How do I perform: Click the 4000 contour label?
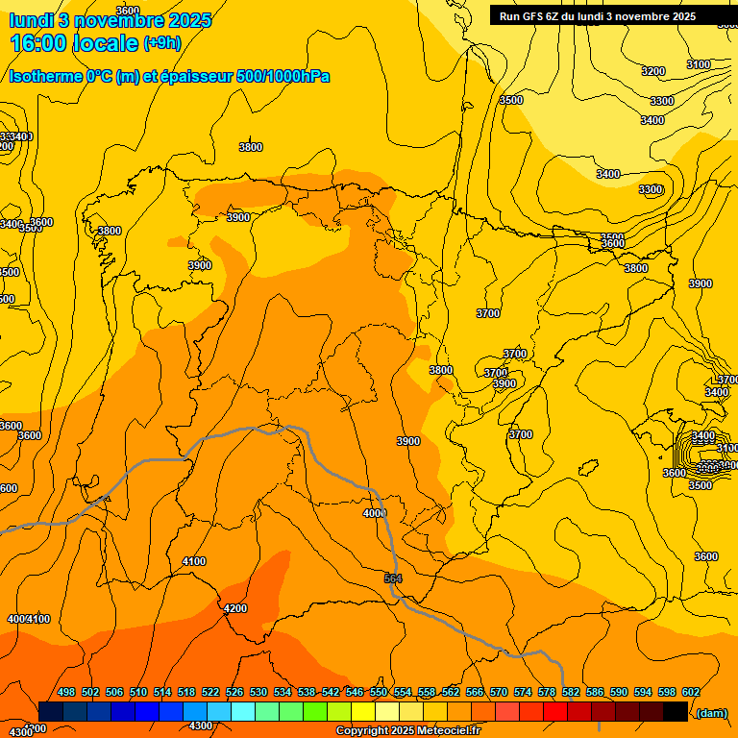pyautogui.click(x=375, y=513)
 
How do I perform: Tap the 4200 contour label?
pyautogui.click(x=234, y=608)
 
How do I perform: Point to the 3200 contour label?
pyautogui.click(x=653, y=71)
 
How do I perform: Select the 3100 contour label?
pyautogui.click(x=699, y=64)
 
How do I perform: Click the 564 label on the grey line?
pyautogui.click(x=393, y=578)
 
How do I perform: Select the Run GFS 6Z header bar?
pyautogui.click(x=598, y=16)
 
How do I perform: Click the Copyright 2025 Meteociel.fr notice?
pyautogui.click(x=407, y=731)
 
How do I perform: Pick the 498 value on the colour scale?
pyautogui.click(x=66, y=692)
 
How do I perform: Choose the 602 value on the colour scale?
pyautogui.click(x=691, y=692)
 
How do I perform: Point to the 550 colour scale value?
pyautogui.click(x=379, y=692)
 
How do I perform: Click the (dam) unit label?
pyautogui.click(x=711, y=712)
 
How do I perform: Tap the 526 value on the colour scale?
pyautogui.click(x=234, y=692)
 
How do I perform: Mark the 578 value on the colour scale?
pyautogui.click(x=547, y=692)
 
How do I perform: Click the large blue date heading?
pyautogui.click(x=111, y=19)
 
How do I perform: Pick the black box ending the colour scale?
pyautogui.click(x=676, y=711)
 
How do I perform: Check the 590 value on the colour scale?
pyautogui.click(x=619, y=692)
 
